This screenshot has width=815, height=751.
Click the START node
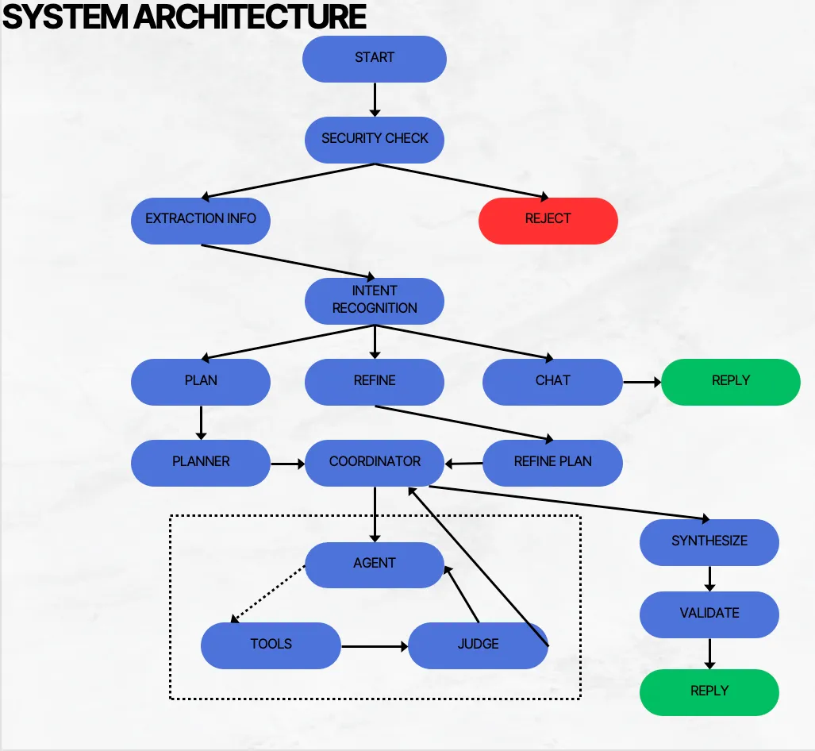(x=375, y=58)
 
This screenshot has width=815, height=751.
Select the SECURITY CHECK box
(x=375, y=139)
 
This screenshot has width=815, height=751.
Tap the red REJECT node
(x=548, y=219)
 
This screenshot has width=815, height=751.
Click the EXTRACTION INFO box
(x=201, y=219)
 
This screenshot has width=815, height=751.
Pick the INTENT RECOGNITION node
(x=375, y=300)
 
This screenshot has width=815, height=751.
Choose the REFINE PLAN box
(x=552, y=462)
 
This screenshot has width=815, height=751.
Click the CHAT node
(x=552, y=381)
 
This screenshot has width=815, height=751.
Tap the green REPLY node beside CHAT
(x=730, y=381)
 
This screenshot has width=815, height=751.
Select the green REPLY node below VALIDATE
(x=709, y=691)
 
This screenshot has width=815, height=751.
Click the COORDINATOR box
(x=375, y=462)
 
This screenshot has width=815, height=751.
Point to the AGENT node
(x=375, y=564)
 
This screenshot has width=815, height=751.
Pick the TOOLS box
(x=271, y=645)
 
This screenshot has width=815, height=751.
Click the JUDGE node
(x=478, y=645)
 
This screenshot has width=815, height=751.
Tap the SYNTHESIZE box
(x=709, y=541)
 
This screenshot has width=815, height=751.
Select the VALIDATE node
(x=709, y=614)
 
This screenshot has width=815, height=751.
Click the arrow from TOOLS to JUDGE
(x=374, y=646)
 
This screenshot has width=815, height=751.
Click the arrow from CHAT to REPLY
(x=641, y=382)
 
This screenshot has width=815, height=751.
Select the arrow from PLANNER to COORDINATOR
(x=287, y=462)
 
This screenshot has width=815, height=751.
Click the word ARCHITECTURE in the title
(x=253, y=17)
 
